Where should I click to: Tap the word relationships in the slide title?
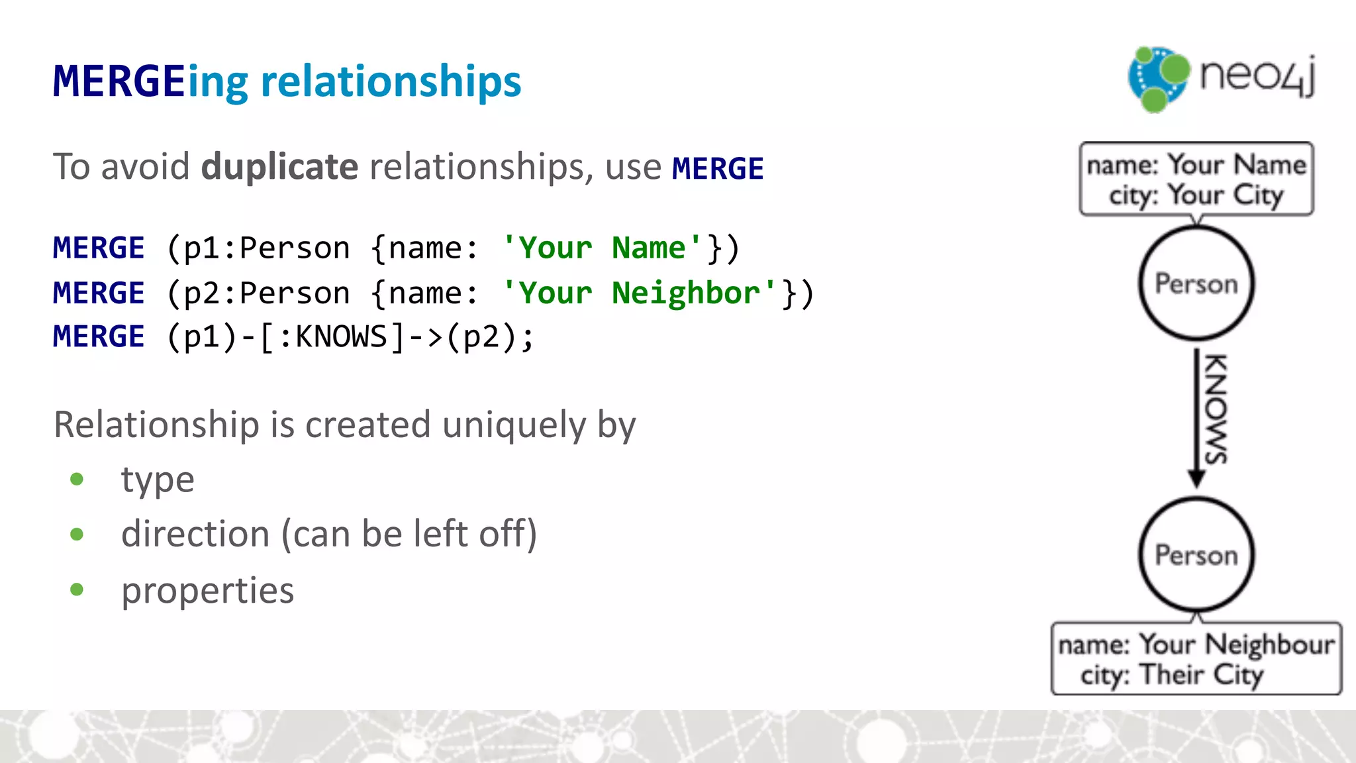click(391, 82)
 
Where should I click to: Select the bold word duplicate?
click(279, 166)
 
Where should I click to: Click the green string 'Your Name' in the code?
click(602, 248)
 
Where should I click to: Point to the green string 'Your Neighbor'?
click(639, 293)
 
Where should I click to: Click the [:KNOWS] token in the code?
click(332, 337)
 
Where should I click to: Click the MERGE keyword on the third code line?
click(99, 337)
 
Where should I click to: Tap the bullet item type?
click(158, 480)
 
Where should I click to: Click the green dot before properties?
click(77, 589)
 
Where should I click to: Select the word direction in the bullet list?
click(195, 534)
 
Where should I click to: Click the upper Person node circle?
click(1196, 283)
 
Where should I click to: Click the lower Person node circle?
click(1196, 555)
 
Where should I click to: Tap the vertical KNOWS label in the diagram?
click(1216, 409)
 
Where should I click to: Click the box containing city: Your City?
click(1196, 179)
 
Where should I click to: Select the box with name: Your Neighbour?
click(1196, 658)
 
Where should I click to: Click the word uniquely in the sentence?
click(514, 425)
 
